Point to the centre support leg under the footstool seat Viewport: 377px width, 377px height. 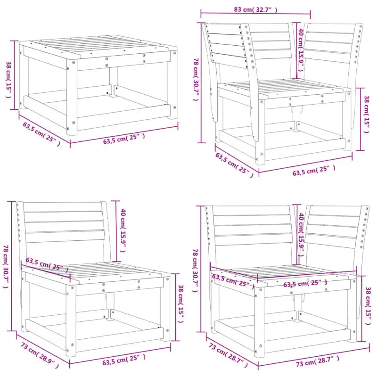click(113, 82)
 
